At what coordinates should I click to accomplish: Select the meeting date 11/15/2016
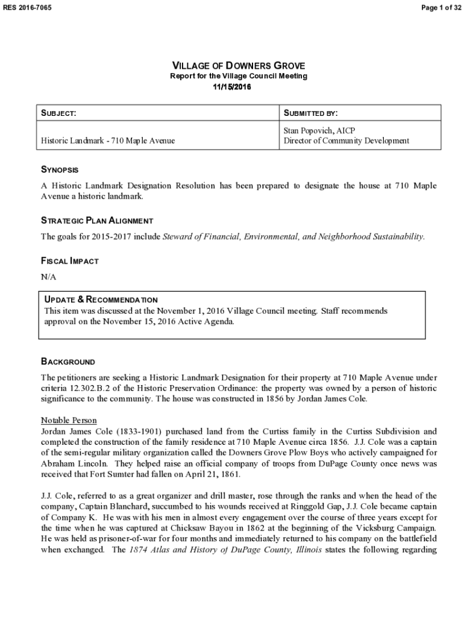[232, 87]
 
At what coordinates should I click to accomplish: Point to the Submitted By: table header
[310, 113]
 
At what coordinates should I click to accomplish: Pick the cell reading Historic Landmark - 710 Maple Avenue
[108, 141]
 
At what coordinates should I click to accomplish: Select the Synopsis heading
[60, 170]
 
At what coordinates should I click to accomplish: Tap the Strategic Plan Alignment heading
[96, 220]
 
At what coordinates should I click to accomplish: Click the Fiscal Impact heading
[69, 261]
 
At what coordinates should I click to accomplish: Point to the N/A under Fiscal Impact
[48, 276]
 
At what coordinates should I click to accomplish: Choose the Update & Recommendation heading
[101, 300]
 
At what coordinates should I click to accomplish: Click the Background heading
[67, 362]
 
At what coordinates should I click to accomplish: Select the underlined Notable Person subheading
[69, 420]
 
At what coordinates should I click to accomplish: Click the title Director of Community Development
[346, 141]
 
